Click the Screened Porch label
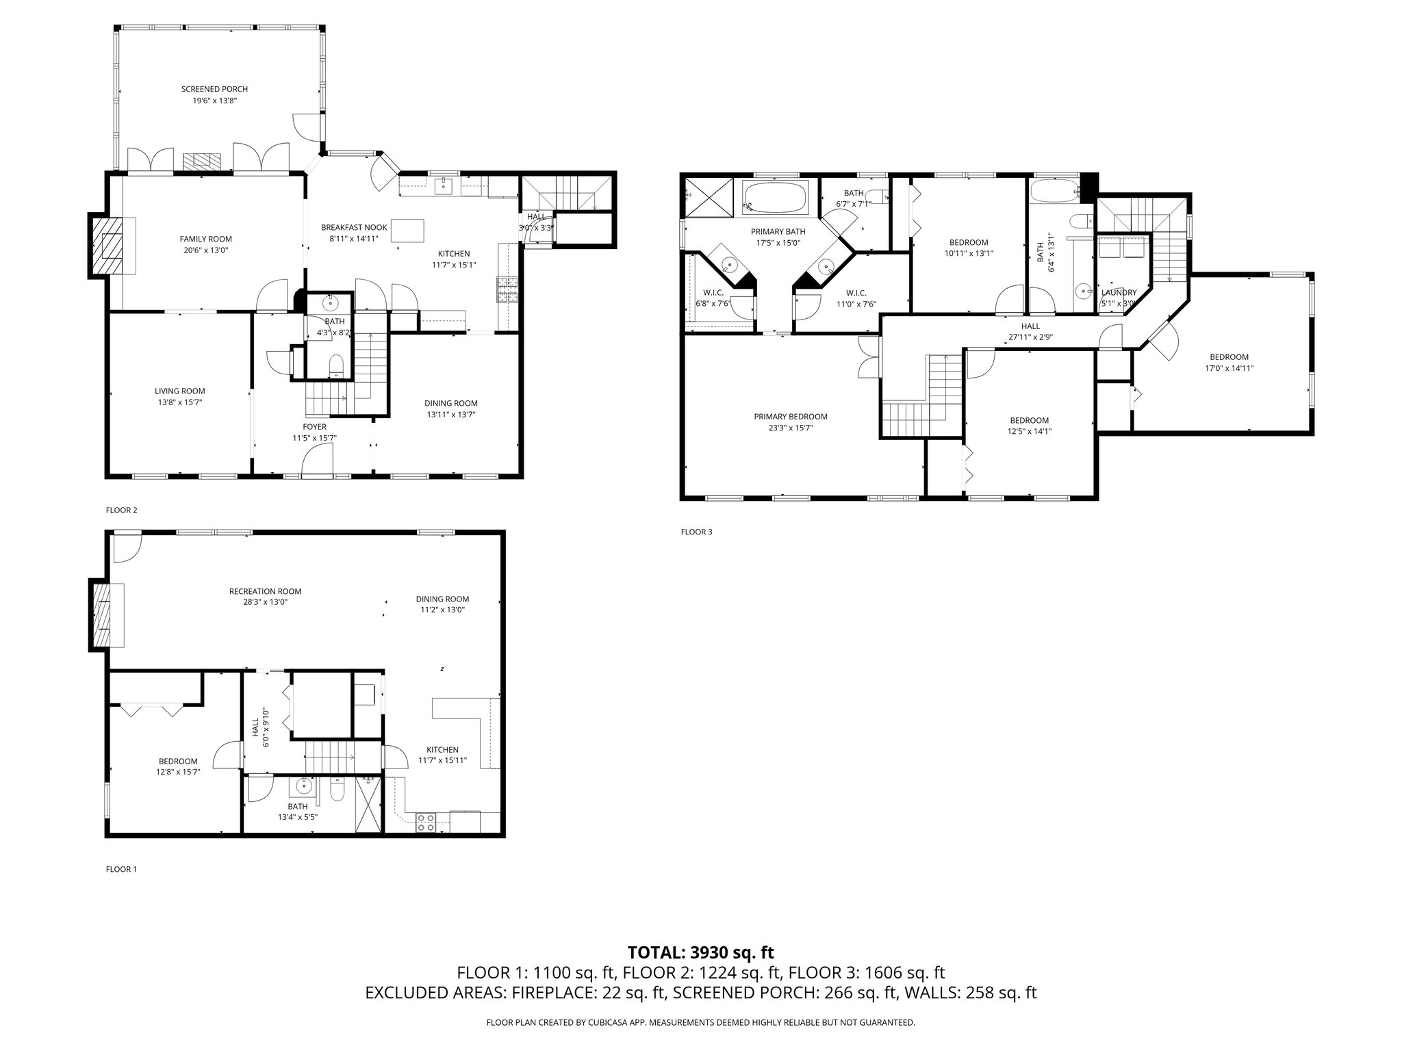click(214, 89)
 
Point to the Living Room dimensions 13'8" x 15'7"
click(179, 402)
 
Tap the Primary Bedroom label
click(790, 417)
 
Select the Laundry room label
click(1119, 293)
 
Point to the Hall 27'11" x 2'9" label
click(1030, 326)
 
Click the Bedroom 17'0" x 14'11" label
click(1228, 357)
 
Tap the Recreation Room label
click(265, 591)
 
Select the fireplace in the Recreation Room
click(100, 614)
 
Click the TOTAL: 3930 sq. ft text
click(700, 952)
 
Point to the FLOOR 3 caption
click(696, 532)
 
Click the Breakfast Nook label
click(354, 227)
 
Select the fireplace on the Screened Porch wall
click(202, 161)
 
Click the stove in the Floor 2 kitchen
click(508, 289)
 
